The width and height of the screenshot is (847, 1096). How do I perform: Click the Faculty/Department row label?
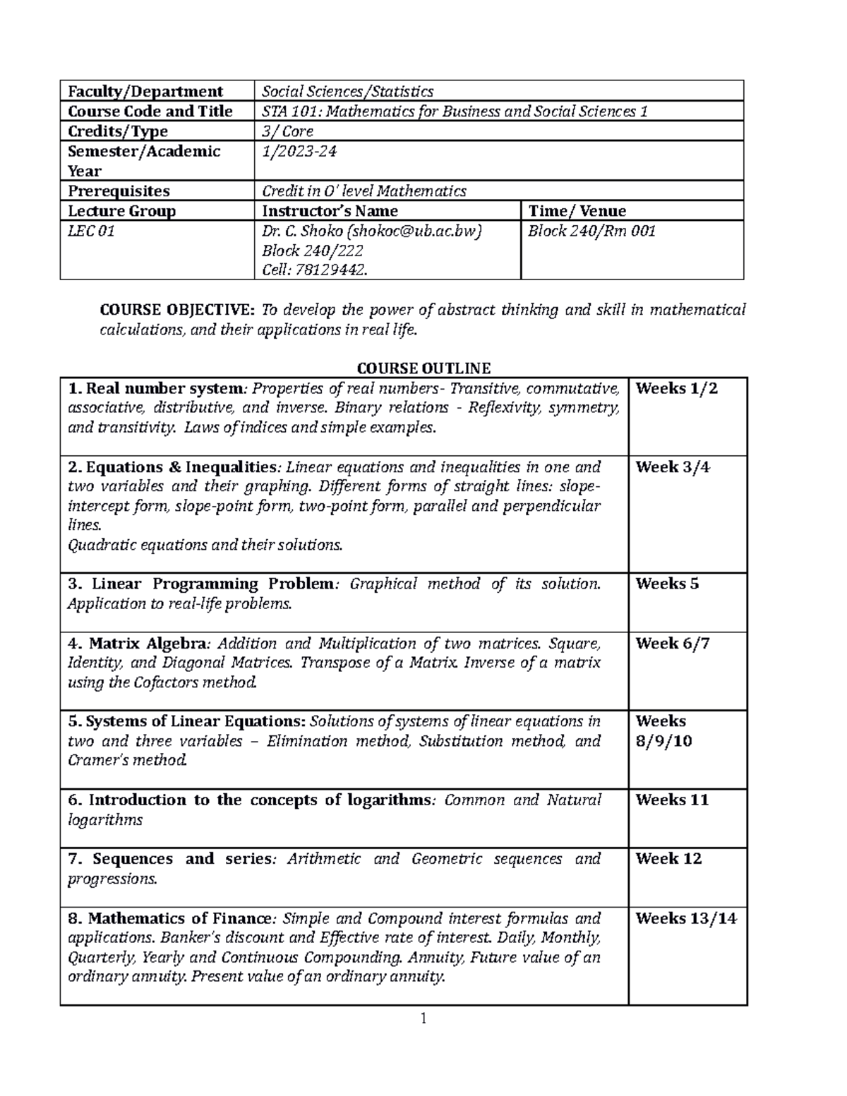(145, 91)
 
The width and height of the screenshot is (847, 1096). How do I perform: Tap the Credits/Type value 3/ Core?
(287, 131)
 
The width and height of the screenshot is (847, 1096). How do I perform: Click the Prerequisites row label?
(119, 191)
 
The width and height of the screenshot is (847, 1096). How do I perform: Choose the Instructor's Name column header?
(330, 211)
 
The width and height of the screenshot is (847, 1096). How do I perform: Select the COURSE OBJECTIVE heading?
(179, 310)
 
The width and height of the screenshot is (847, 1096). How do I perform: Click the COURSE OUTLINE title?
(423, 368)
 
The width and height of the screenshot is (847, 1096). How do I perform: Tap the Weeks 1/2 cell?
(676, 388)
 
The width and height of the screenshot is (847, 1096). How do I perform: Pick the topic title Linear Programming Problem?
(212, 584)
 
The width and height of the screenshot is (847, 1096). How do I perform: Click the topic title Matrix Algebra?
(148, 643)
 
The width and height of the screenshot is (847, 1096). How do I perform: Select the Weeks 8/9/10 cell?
(663, 731)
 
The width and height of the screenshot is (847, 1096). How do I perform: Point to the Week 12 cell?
(668, 859)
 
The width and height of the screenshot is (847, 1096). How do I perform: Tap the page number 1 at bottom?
(423, 1018)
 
